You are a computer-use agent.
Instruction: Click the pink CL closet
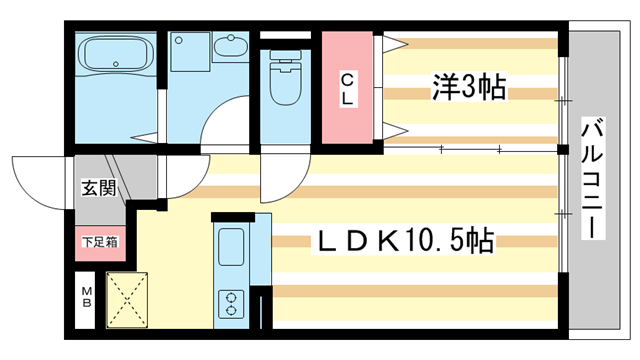346,88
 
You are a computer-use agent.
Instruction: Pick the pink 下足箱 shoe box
99,241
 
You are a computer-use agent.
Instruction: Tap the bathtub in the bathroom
113,59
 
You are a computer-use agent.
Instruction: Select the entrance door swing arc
40,177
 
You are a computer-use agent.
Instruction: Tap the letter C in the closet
346,79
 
